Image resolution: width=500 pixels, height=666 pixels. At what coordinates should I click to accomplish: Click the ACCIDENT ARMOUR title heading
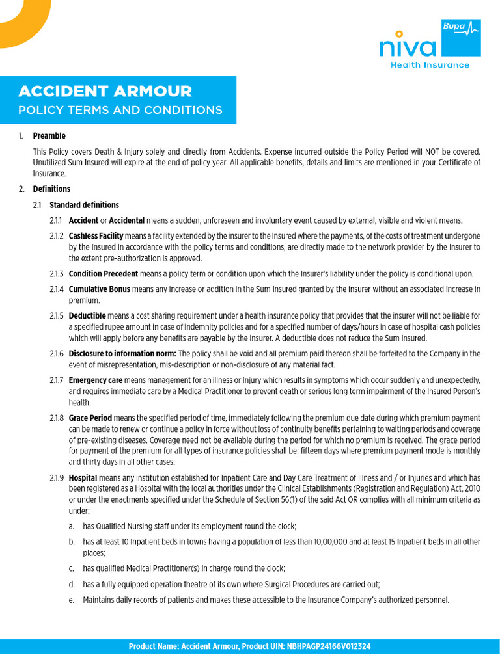coord(105,91)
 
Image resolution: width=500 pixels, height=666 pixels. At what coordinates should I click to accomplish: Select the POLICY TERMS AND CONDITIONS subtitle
coord(120,110)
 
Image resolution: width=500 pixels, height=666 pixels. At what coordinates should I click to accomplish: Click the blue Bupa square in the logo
coord(460,38)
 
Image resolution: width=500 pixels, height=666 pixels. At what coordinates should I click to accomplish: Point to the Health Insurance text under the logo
coord(429,65)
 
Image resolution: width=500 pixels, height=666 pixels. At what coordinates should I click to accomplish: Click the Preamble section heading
coord(49,136)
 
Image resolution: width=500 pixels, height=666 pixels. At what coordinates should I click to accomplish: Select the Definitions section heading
coord(51,189)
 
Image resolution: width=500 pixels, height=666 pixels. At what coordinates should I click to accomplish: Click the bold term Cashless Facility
coord(96,236)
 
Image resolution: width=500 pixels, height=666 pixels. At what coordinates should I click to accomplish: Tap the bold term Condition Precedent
coord(103,274)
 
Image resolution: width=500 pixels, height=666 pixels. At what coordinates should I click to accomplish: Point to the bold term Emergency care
coord(95,380)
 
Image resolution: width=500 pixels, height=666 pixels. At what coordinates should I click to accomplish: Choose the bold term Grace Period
coord(90,418)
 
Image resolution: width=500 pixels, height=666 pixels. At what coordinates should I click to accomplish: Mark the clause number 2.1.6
coord(57,354)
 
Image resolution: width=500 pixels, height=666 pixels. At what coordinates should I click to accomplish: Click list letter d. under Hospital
coord(71,585)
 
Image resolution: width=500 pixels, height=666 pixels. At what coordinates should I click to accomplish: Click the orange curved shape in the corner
coord(23,20)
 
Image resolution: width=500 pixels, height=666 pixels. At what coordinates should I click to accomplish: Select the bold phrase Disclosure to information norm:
coord(122,354)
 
